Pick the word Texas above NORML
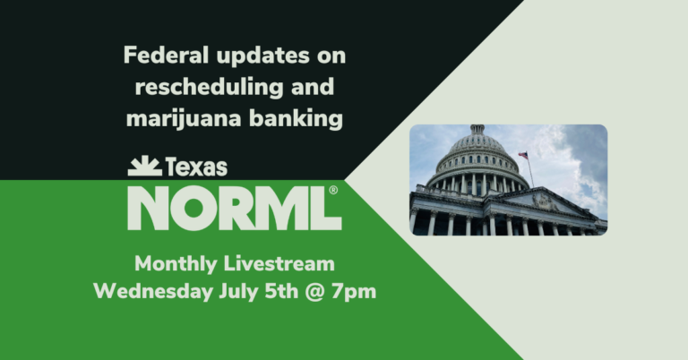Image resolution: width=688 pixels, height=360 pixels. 195,167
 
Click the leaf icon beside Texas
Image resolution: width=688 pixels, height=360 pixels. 143,166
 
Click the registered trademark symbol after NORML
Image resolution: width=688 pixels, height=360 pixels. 333,191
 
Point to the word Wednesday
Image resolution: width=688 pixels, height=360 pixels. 149,292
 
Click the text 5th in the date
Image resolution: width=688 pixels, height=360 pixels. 281,292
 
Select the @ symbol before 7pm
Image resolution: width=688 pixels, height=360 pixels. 319,292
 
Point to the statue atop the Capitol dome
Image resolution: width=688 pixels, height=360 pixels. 477,129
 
